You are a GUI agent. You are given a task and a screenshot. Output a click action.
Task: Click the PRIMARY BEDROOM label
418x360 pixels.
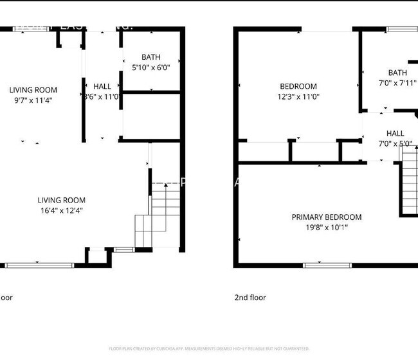click(326, 217)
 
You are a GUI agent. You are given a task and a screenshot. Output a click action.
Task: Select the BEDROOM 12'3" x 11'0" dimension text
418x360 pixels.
click(298, 96)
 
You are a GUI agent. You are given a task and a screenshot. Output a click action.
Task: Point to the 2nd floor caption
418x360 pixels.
click(250, 298)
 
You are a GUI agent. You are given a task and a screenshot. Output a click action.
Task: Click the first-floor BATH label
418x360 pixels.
click(151, 57)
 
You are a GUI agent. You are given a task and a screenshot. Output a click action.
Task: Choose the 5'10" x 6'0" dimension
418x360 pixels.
click(151, 67)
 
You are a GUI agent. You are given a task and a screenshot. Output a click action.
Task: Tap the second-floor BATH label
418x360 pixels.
click(397, 73)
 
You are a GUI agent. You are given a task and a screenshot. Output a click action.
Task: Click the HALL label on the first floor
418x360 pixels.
click(102, 86)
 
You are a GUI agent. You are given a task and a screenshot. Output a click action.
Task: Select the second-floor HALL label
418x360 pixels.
click(395, 133)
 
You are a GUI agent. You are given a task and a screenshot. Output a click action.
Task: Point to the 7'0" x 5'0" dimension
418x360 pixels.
click(395, 143)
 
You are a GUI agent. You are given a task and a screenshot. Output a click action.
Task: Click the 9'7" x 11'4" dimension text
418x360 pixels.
click(33, 100)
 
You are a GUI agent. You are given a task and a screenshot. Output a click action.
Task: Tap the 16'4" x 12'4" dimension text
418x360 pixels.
click(61, 210)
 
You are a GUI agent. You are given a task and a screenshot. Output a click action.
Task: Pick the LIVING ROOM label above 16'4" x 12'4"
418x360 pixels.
click(61, 200)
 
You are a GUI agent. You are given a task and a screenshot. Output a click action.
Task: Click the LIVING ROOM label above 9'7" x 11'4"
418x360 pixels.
click(33, 90)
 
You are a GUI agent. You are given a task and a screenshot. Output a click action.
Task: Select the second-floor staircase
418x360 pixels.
click(409, 186)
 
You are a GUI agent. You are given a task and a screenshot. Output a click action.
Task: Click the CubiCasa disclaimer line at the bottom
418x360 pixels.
click(208, 348)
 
